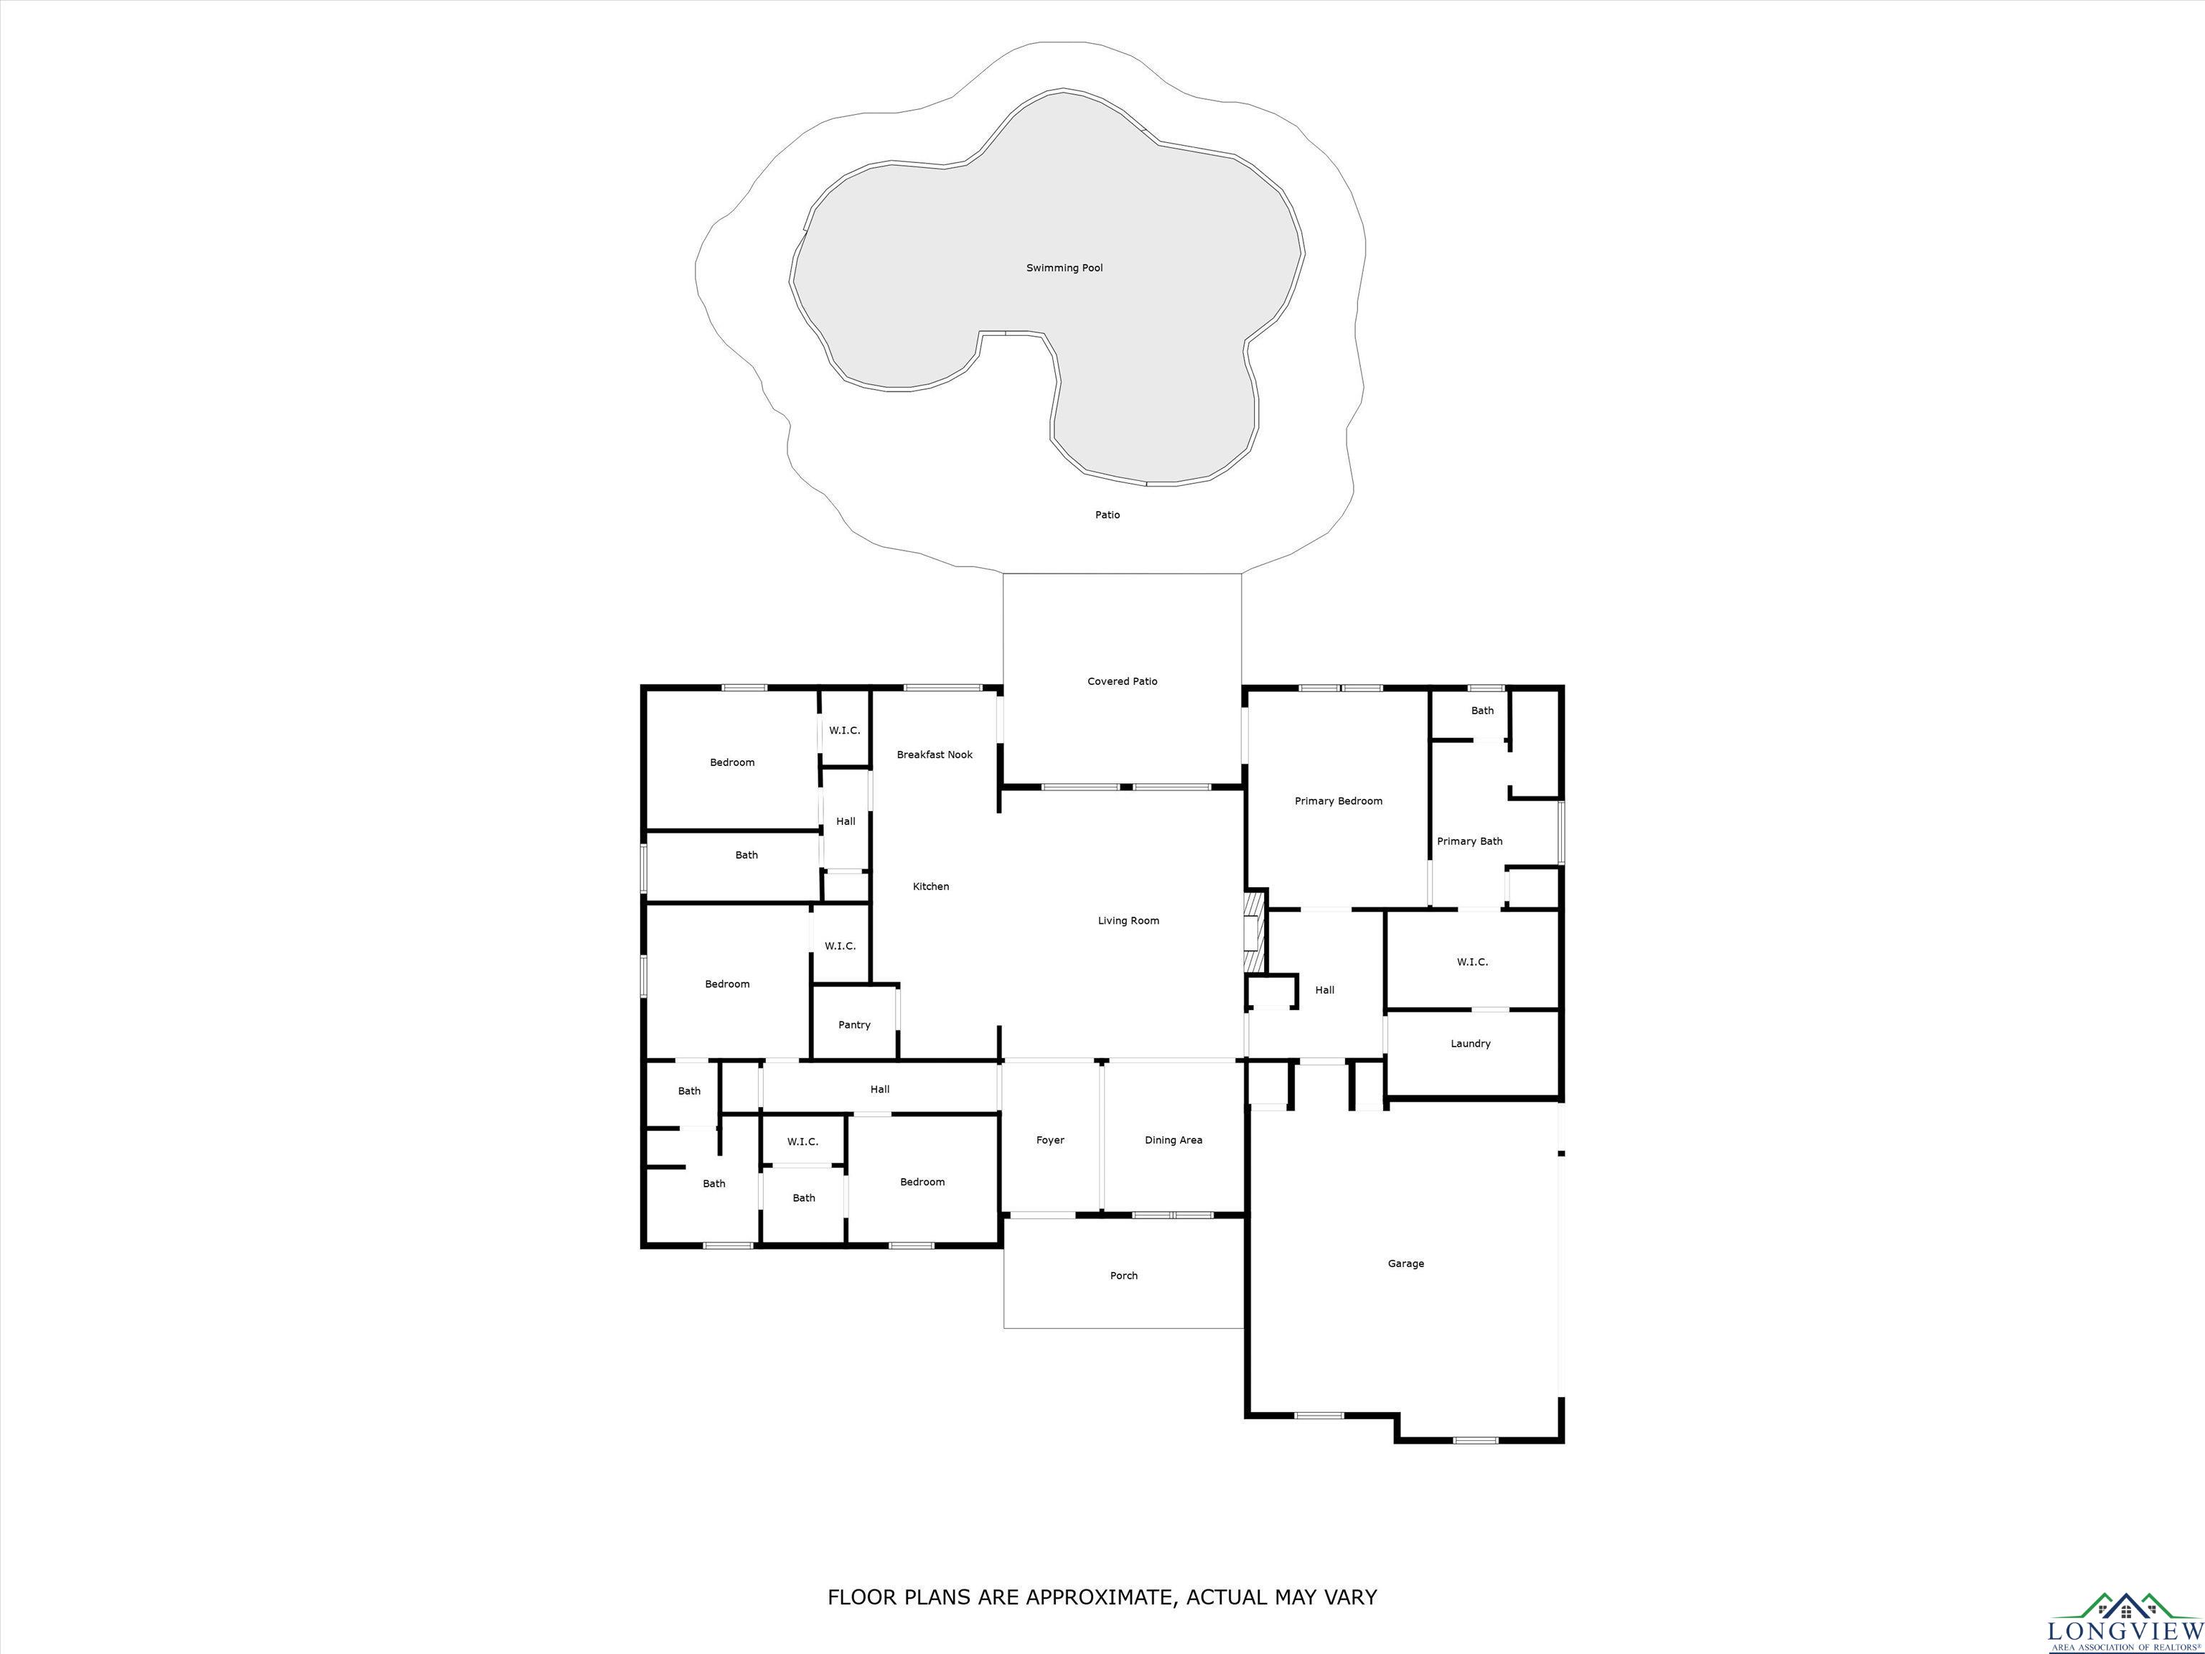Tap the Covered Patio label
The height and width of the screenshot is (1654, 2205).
pos(1123,682)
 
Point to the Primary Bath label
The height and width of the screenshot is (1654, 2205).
pos(1469,841)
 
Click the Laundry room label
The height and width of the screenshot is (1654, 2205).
pos(1470,1044)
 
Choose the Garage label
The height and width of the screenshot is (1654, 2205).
pos(1405,1264)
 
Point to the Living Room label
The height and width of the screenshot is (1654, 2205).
pos(1128,921)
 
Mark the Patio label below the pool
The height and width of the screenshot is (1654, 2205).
pos(1108,515)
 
